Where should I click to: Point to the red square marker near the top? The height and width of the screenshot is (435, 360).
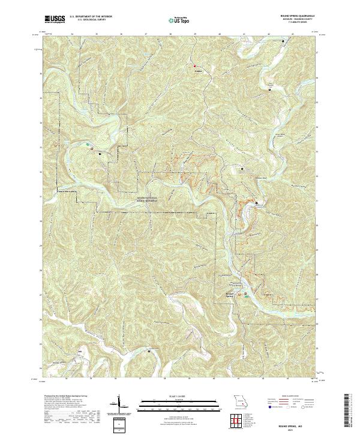coord(194,65)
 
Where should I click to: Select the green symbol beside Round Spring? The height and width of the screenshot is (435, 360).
coord(245,293)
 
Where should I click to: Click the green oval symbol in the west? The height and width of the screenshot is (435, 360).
coord(89,144)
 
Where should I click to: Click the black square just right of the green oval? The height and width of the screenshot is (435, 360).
coord(99,152)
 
